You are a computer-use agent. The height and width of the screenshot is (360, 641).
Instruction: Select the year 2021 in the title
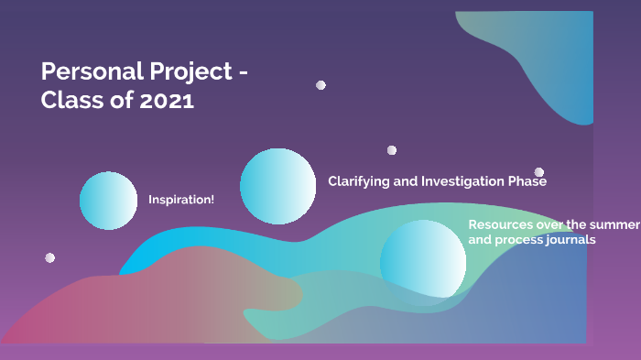coord(167,100)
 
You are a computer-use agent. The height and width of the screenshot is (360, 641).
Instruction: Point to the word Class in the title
coord(73,100)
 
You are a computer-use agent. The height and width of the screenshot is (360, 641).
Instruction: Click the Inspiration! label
coord(181,200)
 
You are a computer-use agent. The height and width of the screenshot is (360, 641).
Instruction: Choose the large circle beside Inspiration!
coord(108,200)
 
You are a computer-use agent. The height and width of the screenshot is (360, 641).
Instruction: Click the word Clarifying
coord(359,181)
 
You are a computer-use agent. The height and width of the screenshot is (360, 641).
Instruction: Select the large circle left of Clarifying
coord(278,186)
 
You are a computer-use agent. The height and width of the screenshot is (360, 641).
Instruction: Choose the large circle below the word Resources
coord(423,260)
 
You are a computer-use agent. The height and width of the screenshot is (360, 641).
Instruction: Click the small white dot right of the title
coord(320,85)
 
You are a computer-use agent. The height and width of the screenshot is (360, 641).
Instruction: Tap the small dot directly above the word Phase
coord(539,171)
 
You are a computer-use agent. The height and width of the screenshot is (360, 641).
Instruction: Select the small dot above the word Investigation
coord(392,150)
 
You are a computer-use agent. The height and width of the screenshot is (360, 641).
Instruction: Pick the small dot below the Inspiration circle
coord(50,257)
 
